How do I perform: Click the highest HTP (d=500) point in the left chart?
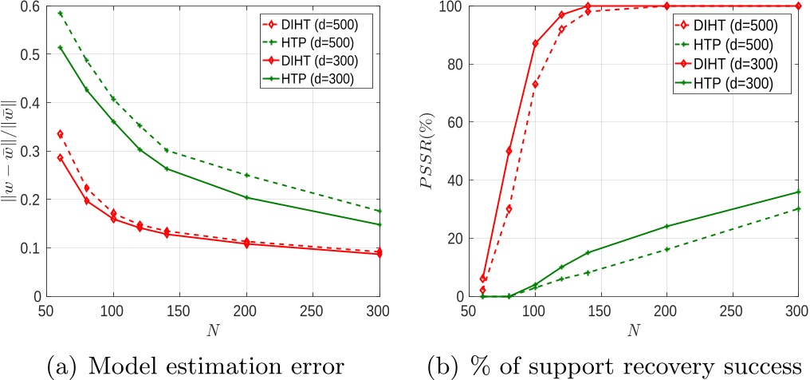click(61, 14)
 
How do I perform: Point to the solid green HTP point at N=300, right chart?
click(797, 192)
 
